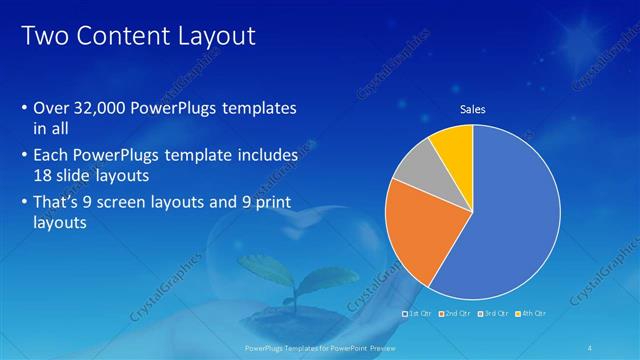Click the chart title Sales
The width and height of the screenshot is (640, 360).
click(472, 110)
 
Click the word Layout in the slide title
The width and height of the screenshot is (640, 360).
click(213, 37)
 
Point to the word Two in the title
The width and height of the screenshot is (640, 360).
click(43, 37)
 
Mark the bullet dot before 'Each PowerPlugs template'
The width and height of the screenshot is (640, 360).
click(24, 155)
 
